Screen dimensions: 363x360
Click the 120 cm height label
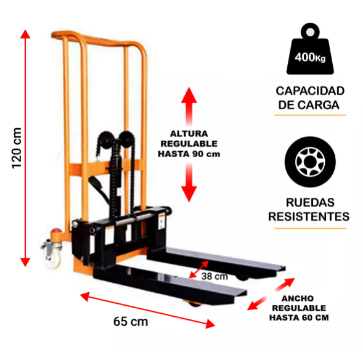click(17, 148)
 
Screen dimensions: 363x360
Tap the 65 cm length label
click(131, 321)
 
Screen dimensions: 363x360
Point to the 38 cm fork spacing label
click(214, 276)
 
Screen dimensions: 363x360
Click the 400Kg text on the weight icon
click(310, 57)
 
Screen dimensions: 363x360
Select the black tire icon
click(310, 162)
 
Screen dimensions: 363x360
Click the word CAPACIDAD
click(310, 91)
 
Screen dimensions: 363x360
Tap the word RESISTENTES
click(309, 216)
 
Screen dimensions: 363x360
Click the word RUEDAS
click(310, 202)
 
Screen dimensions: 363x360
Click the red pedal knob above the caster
click(57, 231)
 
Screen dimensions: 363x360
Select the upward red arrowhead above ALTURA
click(189, 95)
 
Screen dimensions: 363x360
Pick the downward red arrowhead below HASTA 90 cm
click(189, 194)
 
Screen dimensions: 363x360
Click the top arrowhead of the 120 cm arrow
click(25, 34)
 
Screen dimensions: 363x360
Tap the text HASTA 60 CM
click(299, 317)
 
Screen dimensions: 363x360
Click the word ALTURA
click(189, 134)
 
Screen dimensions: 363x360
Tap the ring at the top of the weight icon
click(310, 31)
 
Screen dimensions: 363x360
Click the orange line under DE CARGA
click(310, 115)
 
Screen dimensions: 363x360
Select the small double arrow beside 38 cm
click(198, 269)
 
